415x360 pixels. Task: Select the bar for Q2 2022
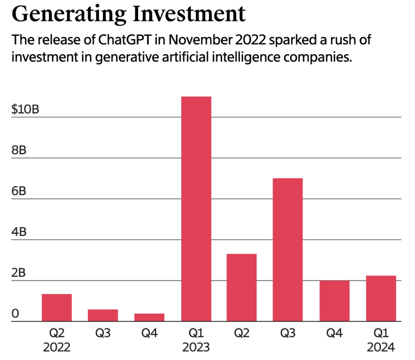[x=56, y=307]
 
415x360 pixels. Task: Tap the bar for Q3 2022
[x=103, y=315]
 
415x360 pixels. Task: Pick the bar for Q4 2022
[x=149, y=318]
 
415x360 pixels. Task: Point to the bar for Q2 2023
[x=242, y=287]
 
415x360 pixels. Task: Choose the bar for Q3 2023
[x=287, y=249]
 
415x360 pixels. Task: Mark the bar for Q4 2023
[x=334, y=301]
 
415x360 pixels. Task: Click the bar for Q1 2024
[x=380, y=299]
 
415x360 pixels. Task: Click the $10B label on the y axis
[x=25, y=109]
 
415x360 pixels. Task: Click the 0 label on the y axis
[x=15, y=313]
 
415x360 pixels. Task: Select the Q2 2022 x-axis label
[x=56, y=340]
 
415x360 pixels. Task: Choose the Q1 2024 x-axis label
[x=380, y=340]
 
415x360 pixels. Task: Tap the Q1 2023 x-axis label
[x=196, y=340]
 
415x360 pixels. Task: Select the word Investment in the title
[x=188, y=13]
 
